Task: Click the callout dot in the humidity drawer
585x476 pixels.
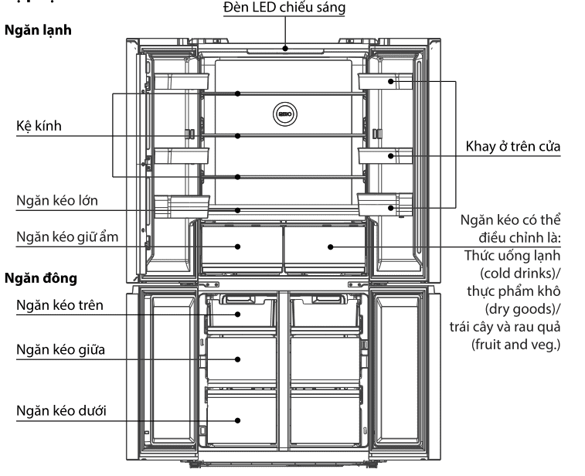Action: (x=238, y=247)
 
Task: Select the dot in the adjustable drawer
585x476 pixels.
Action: (x=330, y=247)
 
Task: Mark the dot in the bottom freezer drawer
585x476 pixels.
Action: (x=238, y=421)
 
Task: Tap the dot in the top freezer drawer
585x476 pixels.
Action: (x=238, y=314)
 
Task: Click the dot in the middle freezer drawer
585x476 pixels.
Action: (x=238, y=359)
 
